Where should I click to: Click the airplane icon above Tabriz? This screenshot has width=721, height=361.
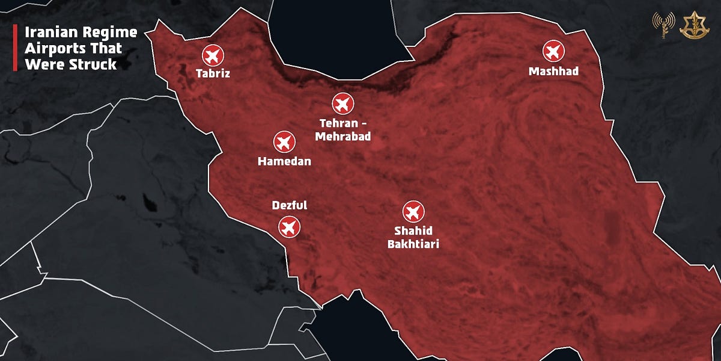[212, 55]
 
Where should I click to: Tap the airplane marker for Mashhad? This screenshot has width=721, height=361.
[553, 51]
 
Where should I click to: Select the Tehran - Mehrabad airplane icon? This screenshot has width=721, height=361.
[343, 103]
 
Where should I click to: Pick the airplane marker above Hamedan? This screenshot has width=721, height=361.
[284, 142]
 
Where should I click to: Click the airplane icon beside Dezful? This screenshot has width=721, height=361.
[289, 227]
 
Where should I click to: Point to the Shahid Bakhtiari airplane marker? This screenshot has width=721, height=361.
[413, 211]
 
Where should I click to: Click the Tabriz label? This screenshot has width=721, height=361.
[213, 74]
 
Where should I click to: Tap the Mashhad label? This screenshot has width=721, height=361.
[553, 72]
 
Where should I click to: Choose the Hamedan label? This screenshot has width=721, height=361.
[284, 161]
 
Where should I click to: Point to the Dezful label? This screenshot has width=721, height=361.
[289, 206]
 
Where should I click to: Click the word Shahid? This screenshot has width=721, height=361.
[413, 230]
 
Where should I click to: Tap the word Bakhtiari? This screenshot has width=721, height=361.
[413, 244]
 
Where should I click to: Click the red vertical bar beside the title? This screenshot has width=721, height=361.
[15, 48]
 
